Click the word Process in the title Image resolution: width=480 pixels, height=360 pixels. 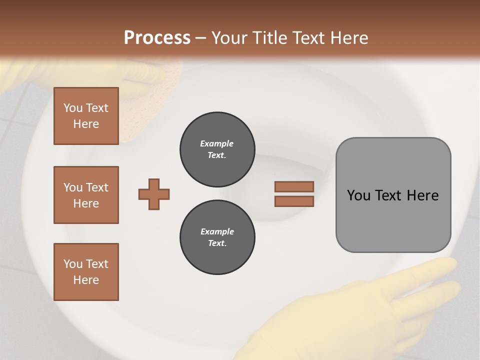pyautogui.click(x=157, y=38)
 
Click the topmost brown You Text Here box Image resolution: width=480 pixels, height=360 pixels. pyautogui.click(x=86, y=116)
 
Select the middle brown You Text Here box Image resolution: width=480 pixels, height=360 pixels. pyautogui.click(x=86, y=195)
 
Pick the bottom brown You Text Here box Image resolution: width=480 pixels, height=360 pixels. pyautogui.click(x=86, y=271)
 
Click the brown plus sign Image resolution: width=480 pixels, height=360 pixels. pyautogui.click(x=154, y=194)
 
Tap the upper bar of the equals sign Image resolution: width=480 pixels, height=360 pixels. pyautogui.click(x=294, y=186)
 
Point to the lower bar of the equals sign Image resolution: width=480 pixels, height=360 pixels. pyautogui.click(x=294, y=201)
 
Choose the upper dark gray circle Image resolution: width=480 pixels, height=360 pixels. pyautogui.click(x=217, y=149)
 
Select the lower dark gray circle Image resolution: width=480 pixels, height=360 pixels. pyautogui.click(x=217, y=237)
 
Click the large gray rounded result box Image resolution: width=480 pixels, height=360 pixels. pyautogui.click(x=393, y=195)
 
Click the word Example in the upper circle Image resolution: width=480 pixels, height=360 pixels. pyautogui.click(x=216, y=143)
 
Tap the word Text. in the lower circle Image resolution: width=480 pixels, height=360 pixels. pyautogui.click(x=217, y=243)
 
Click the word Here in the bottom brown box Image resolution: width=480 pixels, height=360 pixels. pyautogui.click(x=86, y=280)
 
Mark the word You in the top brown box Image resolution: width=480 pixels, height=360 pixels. pyautogui.click(x=73, y=108)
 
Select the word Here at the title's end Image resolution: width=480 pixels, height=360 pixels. pyautogui.click(x=348, y=38)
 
